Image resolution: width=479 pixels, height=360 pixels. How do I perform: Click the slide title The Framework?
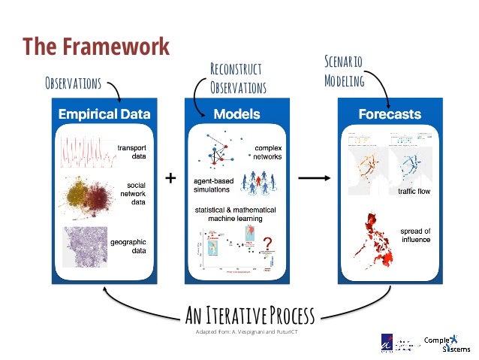click(x=95, y=46)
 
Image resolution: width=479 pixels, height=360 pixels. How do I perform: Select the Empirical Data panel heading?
click(x=104, y=114)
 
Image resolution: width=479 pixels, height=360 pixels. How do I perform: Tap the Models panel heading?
click(x=236, y=114)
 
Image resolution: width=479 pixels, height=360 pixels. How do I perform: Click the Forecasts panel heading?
click(x=389, y=114)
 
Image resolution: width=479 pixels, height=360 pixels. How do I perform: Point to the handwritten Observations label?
click(x=74, y=81)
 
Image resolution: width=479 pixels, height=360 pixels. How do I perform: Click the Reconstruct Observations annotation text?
click(x=238, y=79)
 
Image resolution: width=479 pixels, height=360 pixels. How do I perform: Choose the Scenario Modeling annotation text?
click(x=344, y=71)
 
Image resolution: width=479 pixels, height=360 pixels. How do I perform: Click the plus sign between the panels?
click(x=170, y=178)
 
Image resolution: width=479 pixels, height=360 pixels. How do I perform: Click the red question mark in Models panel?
click(x=266, y=244)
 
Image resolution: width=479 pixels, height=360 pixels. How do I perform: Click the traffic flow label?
click(x=414, y=192)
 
